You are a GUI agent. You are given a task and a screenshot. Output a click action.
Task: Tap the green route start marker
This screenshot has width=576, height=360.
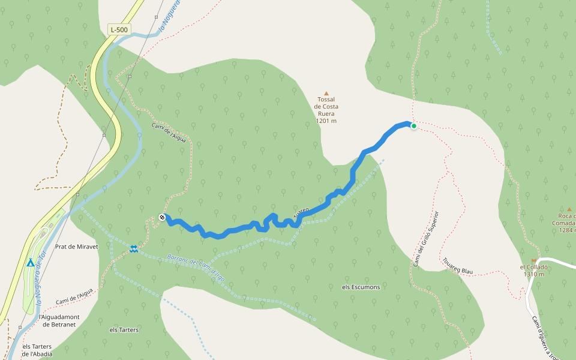[413, 126]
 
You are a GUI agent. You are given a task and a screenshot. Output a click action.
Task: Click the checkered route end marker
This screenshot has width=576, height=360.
[162, 217]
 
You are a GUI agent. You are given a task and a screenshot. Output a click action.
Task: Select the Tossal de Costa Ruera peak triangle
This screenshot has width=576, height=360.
[326, 93]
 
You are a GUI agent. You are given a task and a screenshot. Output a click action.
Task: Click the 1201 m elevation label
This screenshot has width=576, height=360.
[326, 121]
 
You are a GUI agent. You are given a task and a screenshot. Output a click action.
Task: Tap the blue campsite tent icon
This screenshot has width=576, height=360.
[30, 263]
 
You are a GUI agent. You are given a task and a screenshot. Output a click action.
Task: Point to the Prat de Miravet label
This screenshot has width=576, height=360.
[76, 247]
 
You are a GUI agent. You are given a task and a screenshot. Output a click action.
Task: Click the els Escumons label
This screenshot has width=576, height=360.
[361, 287]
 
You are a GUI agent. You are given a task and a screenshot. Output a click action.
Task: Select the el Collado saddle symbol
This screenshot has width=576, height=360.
[533, 260]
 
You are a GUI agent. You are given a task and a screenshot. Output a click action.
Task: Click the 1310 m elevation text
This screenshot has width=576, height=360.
[533, 274]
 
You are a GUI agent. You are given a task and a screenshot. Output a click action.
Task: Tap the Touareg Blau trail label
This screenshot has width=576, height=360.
[457, 266]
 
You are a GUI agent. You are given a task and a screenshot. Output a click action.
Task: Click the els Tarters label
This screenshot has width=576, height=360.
[124, 330]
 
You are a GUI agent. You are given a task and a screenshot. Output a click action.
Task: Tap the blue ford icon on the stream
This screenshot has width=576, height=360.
[133, 248]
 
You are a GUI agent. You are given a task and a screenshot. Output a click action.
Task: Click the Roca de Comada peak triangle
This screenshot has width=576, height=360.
[568, 208]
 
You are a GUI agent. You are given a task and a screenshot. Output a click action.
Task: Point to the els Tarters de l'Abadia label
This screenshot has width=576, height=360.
[37, 350]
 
